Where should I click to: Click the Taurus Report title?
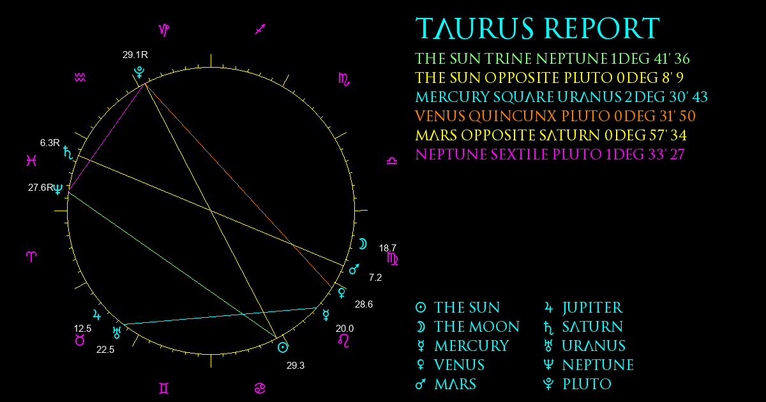coord(537,28)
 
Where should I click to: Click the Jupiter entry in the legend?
coord(583,308)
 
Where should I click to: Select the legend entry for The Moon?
coord(467,327)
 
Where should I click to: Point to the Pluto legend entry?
coord(577,384)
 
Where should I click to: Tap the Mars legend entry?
coord(446,384)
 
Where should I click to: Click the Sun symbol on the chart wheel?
coord(283,348)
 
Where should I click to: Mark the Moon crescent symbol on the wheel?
coord(363,244)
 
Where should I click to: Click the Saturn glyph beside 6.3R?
coord(68,153)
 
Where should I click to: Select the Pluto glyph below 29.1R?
coord(139,73)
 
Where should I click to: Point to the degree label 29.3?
coord(296,366)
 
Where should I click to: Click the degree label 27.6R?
coord(41,188)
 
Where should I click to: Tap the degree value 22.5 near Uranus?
coord(105,350)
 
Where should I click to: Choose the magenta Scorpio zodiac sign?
coord(344,79)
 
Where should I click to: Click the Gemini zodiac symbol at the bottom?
coord(164,389)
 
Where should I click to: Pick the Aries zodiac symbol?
coord(31,257)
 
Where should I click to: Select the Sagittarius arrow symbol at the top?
coord(260,29)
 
